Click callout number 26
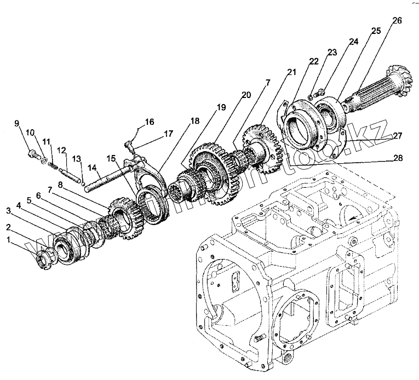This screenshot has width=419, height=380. tap(397, 21)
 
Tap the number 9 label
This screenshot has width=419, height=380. tap(16, 123)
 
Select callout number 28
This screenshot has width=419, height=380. tap(398, 159)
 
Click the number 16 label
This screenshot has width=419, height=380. tap(149, 122)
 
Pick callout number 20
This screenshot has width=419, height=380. tap(246, 95)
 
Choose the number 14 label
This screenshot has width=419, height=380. tap(93, 168)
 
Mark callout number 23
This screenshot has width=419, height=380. tap(331, 53)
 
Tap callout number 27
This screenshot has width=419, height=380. tap(398, 135)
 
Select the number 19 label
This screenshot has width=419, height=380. tap(221, 108)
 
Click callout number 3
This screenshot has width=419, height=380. tap(9, 210)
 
